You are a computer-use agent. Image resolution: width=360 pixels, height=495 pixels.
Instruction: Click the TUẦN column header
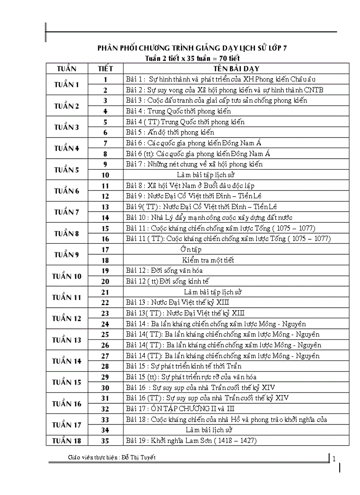pyautogui.click(x=67, y=69)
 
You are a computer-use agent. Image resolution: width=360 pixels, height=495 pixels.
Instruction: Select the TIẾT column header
pyautogui.click(x=105, y=69)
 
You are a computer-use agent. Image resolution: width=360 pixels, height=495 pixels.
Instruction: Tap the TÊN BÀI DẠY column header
pyautogui.click(x=236, y=69)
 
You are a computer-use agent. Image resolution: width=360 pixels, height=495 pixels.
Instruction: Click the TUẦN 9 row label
pyautogui.click(x=67, y=255)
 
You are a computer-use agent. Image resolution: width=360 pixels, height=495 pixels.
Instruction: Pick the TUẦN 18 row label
pyautogui.click(x=67, y=440)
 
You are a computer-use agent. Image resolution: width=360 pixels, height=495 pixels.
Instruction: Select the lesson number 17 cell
pyautogui.click(x=105, y=249)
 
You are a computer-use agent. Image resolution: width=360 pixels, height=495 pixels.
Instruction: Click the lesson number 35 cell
pyautogui.click(x=105, y=440)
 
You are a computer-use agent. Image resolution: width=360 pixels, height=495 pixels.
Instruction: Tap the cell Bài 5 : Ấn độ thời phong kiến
pyautogui.click(x=170, y=132)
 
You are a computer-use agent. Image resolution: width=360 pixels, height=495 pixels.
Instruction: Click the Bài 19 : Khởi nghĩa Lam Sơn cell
pyautogui.click(x=191, y=440)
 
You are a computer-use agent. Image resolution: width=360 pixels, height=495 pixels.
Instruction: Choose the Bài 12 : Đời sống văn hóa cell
pyautogui.click(x=164, y=271)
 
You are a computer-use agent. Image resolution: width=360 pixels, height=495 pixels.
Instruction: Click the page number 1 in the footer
pyautogui.click(x=334, y=459)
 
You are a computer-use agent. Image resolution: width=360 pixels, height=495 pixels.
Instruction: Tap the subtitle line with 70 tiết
pyautogui.click(x=193, y=58)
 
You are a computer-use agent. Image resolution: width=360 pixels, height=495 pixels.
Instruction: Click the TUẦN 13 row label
pyautogui.click(x=67, y=340)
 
